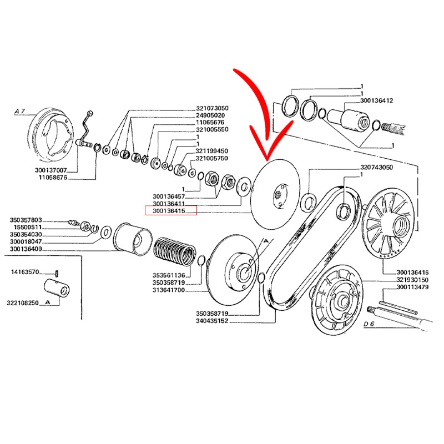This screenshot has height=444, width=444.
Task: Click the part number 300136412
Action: tap(376, 101)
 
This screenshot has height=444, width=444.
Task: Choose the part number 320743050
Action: tap(376, 167)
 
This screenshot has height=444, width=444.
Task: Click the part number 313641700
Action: tap(168, 290)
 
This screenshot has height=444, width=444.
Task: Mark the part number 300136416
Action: tap(413, 272)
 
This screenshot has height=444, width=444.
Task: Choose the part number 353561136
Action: tap(168, 276)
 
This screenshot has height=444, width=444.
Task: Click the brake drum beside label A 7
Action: tap(51, 134)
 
